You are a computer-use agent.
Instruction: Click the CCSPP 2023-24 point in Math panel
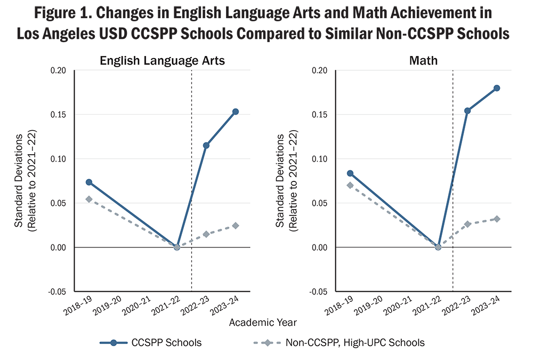click(497, 88)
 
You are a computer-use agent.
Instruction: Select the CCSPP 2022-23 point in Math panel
click(467, 111)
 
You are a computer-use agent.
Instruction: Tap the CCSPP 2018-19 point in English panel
click(89, 182)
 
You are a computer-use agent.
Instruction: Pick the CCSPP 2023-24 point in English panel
click(236, 111)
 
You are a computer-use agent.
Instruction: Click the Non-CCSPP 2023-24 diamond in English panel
click(236, 226)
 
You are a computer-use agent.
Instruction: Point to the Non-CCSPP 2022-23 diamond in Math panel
click(467, 224)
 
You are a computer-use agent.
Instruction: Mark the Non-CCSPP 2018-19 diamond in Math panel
click(350, 185)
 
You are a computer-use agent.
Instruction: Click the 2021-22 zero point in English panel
click(177, 247)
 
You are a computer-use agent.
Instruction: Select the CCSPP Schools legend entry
click(151, 342)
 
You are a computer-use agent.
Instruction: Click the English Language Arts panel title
click(163, 61)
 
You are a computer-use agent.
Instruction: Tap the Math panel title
click(423, 61)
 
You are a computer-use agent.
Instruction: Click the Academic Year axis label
click(263, 322)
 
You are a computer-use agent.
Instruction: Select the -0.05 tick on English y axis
click(60, 292)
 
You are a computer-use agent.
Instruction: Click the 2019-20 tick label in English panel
click(107, 305)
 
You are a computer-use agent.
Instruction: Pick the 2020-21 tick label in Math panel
click(397, 305)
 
